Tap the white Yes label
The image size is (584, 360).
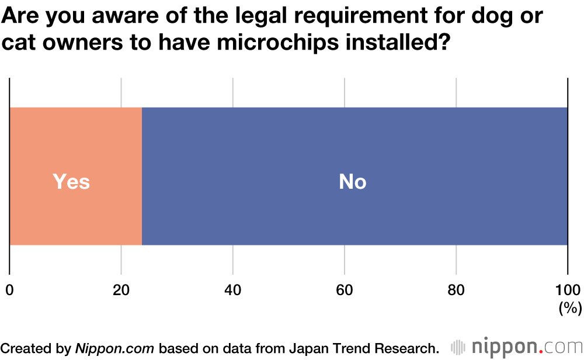point(71,182)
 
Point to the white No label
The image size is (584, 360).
point(353,182)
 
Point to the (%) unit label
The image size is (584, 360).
point(570,308)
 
